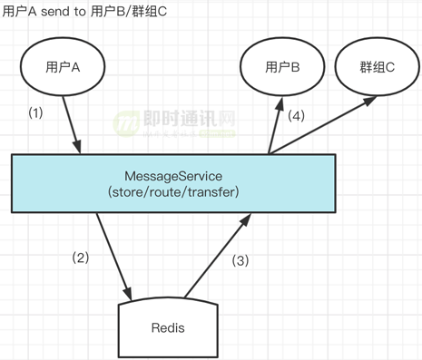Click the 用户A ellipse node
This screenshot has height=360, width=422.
[x=64, y=67]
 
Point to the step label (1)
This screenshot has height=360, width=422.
[x=36, y=115]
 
